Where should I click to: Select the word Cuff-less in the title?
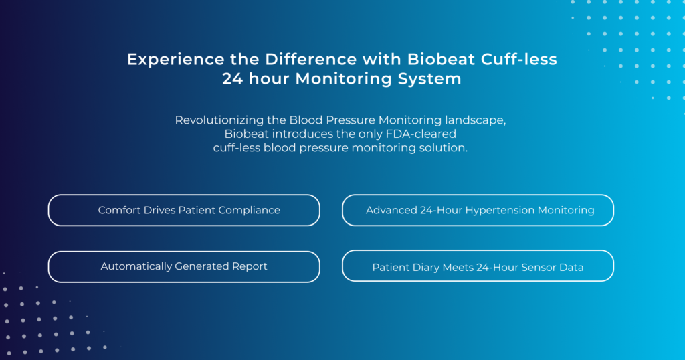tap(519, 59)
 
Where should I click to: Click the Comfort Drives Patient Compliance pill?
tap(184, 210)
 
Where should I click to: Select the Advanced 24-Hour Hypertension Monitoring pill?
tap(478, 210)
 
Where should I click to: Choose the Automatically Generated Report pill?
tap(184, 266)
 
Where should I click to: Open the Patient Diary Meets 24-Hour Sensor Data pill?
tap(478, 266)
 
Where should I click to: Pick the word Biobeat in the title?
tap(442, 59)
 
